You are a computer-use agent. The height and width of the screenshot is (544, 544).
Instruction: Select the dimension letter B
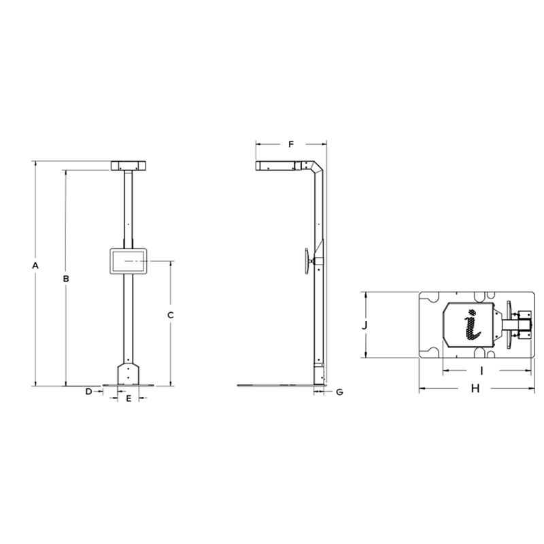pos(66,278)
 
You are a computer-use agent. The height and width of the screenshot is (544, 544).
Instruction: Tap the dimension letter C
pos(171,315)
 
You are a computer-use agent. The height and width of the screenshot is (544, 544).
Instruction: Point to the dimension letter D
pos(88,392)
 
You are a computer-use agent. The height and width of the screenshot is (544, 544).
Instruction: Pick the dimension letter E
pos(128,399)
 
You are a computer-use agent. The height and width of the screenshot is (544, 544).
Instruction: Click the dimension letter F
pos(290,144)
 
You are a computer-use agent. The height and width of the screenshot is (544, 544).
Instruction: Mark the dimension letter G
pos(339,392)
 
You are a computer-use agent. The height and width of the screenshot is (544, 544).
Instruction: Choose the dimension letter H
pos(475,389)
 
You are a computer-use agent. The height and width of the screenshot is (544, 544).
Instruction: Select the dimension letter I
pos(481,371)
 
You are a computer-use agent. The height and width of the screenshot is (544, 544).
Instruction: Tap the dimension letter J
pos(365,325)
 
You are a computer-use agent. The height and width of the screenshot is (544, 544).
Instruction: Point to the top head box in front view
pos(128,165)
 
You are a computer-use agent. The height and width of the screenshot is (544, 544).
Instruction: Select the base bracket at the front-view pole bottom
pos(128,373)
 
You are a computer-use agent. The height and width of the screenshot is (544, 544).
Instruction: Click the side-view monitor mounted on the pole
pos(309,262)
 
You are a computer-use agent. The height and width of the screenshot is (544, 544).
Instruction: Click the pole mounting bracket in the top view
pos(522,324)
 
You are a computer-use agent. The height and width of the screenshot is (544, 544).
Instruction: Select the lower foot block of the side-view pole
pos(318,373)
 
